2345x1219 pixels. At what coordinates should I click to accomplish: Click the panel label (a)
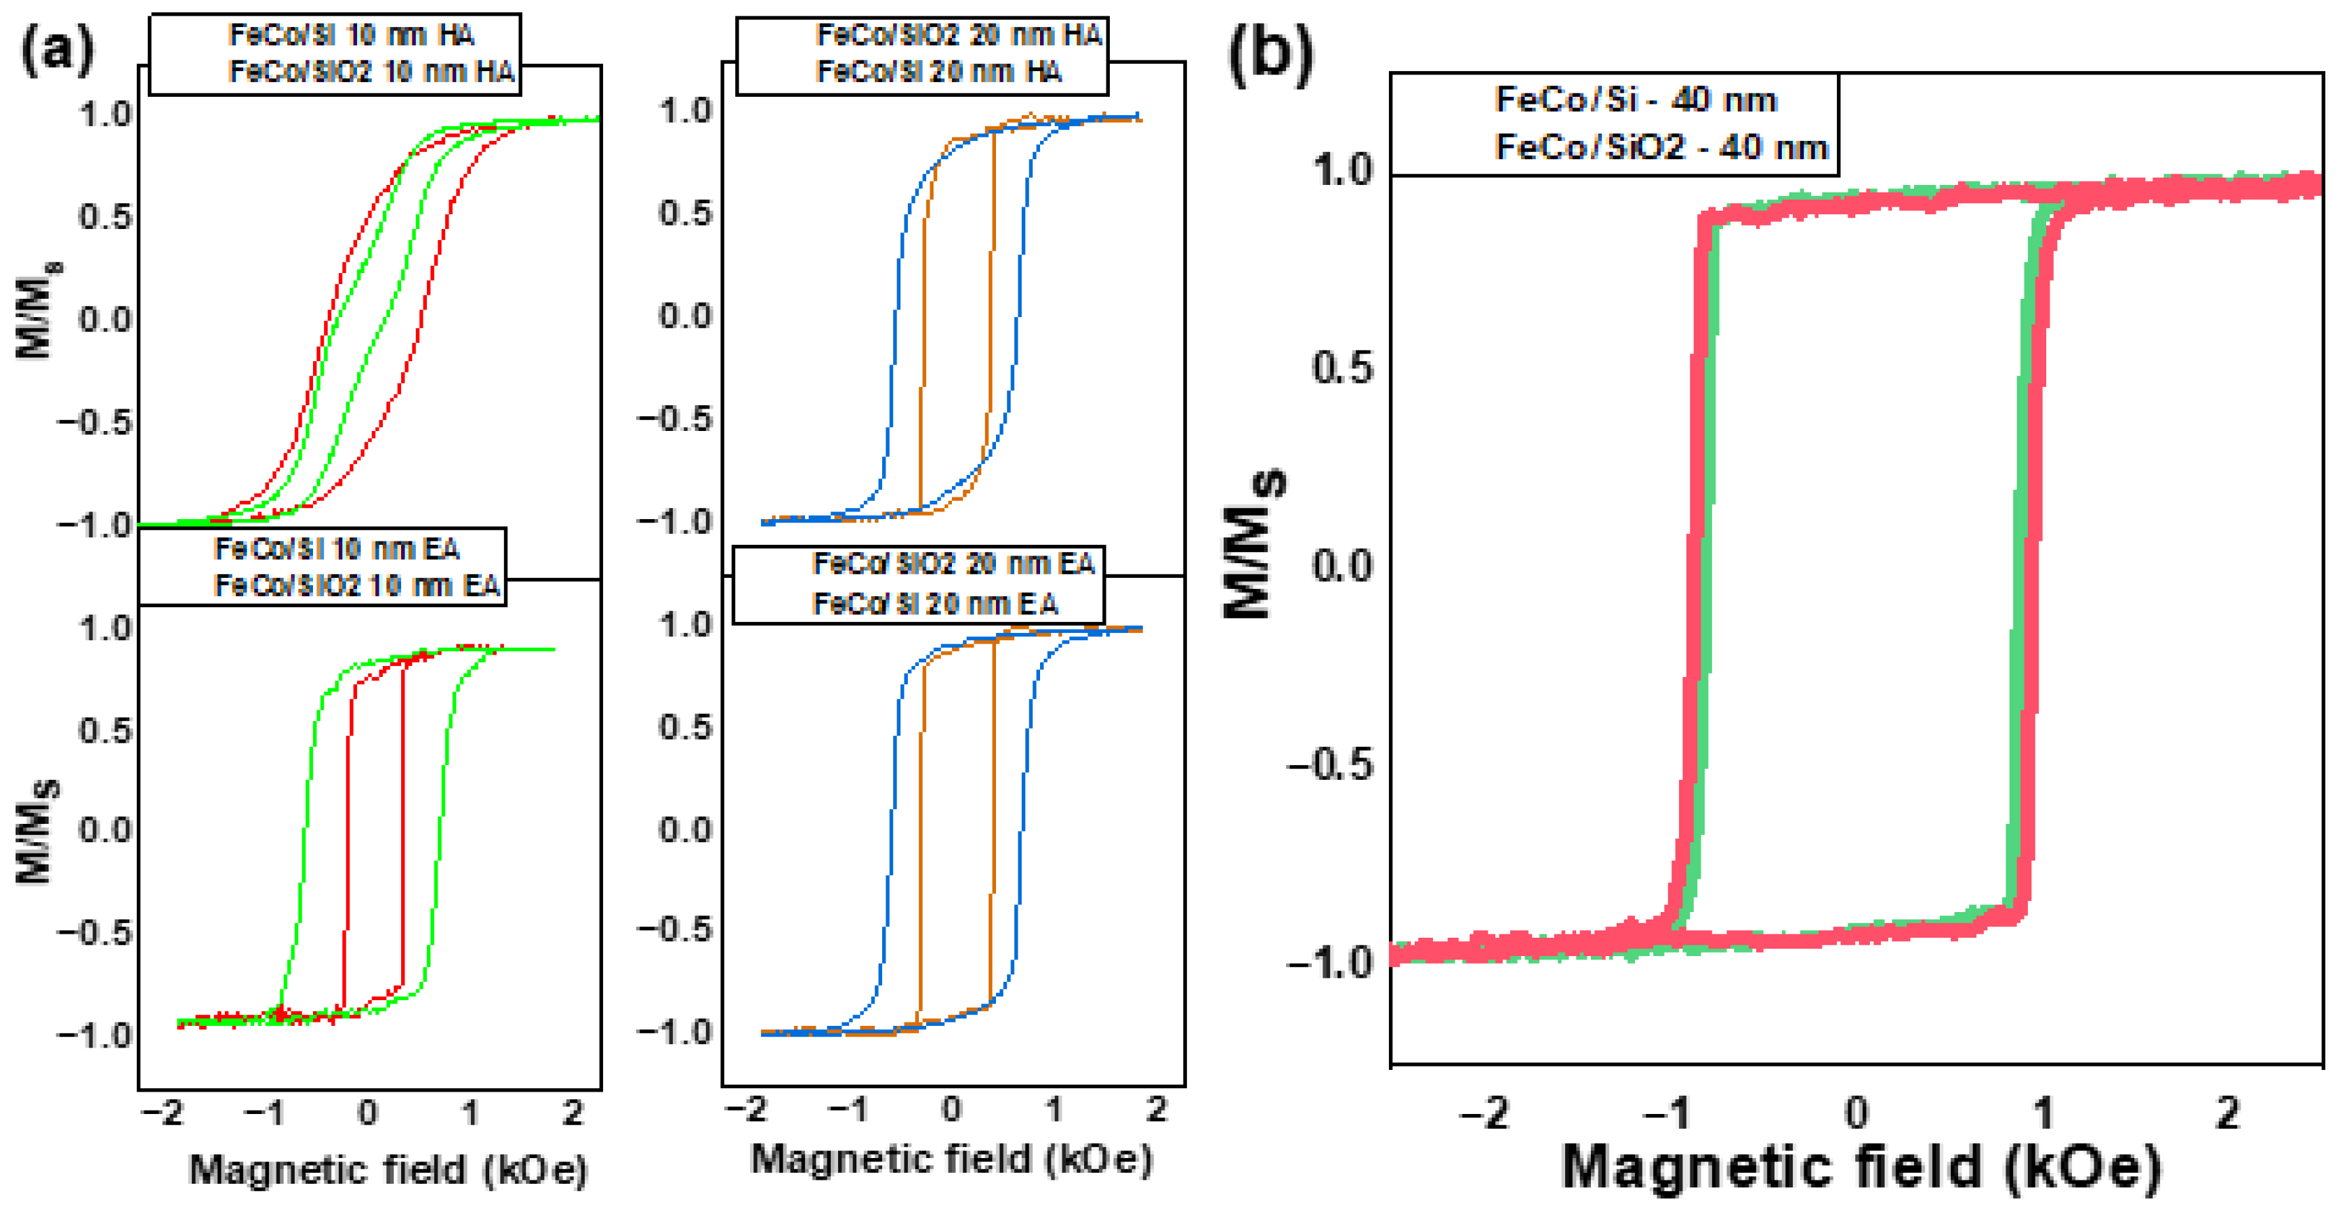56,49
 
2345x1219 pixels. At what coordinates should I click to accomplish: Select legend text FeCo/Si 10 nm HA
352,35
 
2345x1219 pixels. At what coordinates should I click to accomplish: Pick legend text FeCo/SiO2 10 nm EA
357,585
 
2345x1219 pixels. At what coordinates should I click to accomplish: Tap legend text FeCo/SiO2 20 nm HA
959,35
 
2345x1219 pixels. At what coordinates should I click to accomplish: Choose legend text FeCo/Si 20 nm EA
935,604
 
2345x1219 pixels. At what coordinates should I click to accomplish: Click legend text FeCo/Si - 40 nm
1636,99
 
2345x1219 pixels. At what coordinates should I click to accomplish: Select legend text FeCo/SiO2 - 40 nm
1661,146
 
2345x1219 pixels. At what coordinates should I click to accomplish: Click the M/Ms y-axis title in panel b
1254,543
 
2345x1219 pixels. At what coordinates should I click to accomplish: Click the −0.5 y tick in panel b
1330,765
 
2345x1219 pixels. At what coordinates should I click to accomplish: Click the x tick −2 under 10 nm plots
164,1113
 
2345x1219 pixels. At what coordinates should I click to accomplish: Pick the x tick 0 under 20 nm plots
951,1109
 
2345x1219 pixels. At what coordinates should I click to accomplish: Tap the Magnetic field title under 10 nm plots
388,1170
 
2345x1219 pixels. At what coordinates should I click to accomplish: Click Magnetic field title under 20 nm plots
951,1159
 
